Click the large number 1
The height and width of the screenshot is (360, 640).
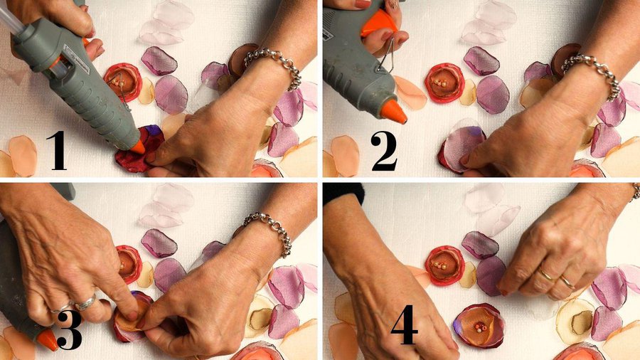[x=57, y=151]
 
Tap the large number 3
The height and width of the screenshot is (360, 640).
[x=69, y=331]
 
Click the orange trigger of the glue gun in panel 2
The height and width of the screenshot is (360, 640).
[x=378, y=23]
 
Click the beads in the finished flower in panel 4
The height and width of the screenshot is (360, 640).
[x=478, y=327]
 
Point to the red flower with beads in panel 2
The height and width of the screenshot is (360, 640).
[x=444, y=83]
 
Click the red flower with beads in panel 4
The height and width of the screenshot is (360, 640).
[x=444, y=265]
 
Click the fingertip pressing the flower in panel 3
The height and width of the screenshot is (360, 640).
[x=132, y=315]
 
